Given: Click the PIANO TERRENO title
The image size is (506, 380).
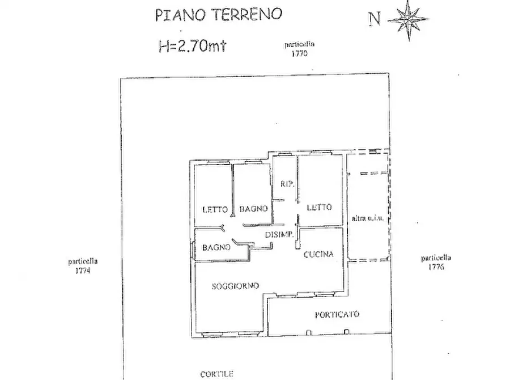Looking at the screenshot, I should [218, 15].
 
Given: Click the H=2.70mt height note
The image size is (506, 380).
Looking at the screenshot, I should [193, 45].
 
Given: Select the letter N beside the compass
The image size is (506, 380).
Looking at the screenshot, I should [374, 19].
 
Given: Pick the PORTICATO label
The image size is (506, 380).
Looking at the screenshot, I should [337, 315].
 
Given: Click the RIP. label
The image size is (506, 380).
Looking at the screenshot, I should [286, 183].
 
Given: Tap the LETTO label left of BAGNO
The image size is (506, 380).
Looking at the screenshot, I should [215, 209].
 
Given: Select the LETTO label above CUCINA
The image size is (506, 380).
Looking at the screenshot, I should [319, 207].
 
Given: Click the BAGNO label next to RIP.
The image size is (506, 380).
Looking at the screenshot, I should [253, 209].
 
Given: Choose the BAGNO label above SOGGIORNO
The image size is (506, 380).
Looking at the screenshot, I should [216, 247].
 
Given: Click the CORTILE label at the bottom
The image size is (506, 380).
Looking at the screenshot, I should [216, 374].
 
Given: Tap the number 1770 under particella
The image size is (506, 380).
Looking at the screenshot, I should [299, 54].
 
